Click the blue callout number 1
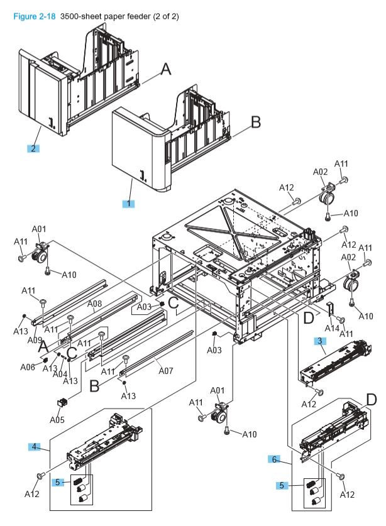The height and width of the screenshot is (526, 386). click(130, 204)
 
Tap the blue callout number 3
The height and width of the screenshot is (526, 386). click(319, 341)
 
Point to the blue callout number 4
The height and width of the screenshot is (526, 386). click(35, 447)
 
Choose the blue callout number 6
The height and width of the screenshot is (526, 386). click(275, 460)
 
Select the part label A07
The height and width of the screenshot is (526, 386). click(165, 371)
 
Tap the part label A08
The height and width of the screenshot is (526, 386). click(94, 304)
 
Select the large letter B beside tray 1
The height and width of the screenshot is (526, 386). click(255, 123)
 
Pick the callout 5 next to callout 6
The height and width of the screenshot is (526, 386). click(284, 486)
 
